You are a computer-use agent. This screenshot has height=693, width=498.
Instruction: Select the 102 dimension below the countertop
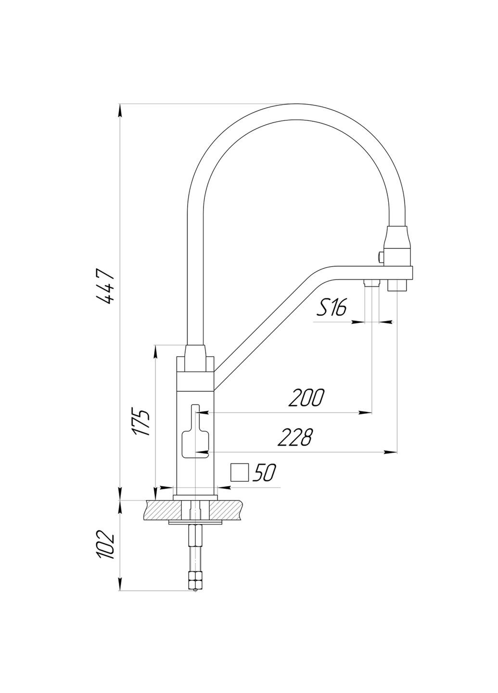click(x=105, y=544)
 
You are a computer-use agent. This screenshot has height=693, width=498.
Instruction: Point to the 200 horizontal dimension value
click(x=306, y=398)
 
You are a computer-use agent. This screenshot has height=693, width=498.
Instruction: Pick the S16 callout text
click(x=332, y=307)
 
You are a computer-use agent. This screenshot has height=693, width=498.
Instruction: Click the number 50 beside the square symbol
click(x=264, y=473)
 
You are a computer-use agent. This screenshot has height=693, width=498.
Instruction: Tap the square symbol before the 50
click(x=239, y=473)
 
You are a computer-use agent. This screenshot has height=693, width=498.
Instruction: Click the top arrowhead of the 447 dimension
click(x=120, y=110)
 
